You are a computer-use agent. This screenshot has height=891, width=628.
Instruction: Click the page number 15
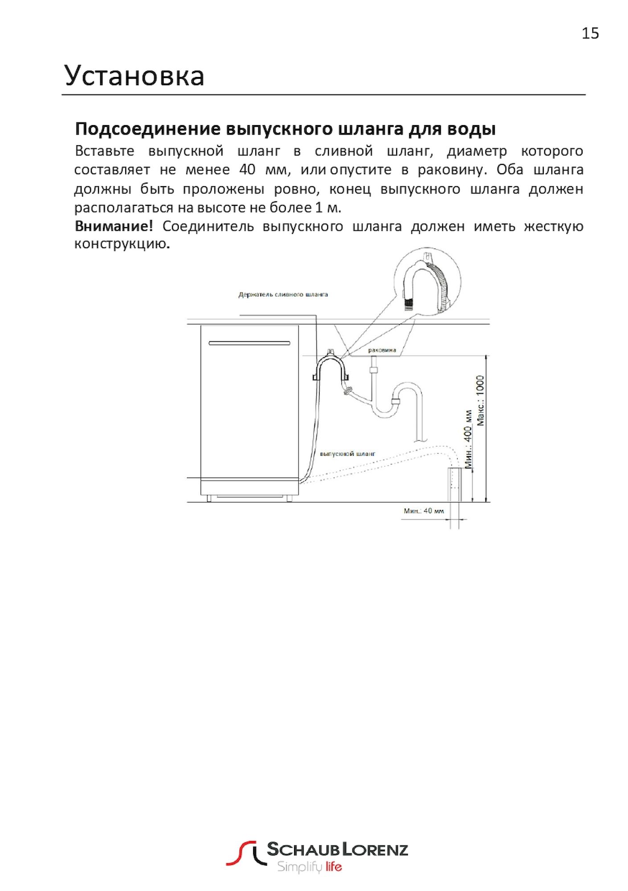[x=590, y=34]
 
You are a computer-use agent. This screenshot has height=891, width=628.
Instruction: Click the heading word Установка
[x=135, y=76]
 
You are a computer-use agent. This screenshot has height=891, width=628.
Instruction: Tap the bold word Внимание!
[x=114, y=226]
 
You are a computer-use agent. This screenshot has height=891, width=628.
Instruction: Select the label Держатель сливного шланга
[x=283, y=294]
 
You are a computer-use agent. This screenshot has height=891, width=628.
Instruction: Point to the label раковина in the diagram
[x=382, y=350]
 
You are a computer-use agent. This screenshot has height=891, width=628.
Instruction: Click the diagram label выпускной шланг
[x=348, y=454]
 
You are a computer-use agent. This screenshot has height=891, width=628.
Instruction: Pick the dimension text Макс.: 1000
[x=480, y=401]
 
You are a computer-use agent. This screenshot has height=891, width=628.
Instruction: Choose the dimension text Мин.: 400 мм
[x=468, y=438]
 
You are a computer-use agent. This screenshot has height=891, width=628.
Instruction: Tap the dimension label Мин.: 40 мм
[x=424, y=511]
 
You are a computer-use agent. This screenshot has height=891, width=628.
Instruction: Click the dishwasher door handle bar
[x=249, y=343]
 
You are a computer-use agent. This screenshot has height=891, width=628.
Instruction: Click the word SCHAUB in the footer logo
[x=303, y=850]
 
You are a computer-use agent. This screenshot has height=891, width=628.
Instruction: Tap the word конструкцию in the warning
[x=120, y=244]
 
